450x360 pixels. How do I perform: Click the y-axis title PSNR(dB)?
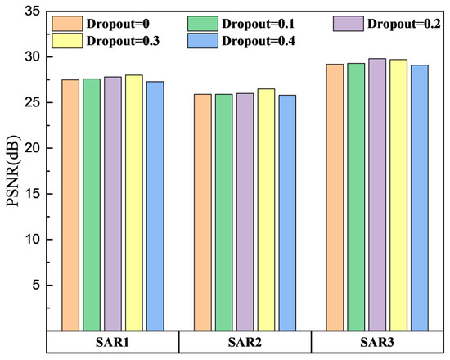(x=14, y=172)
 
